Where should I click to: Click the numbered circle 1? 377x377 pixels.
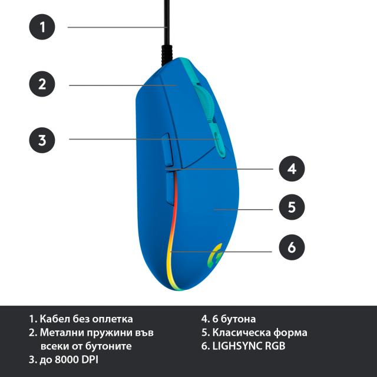click(42, 27)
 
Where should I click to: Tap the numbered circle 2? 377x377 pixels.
click(42, 84)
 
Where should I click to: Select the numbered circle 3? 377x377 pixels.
click(42, 140)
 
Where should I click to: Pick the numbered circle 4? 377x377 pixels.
click(292, 168)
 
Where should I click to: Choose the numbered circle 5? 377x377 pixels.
click(292, 207)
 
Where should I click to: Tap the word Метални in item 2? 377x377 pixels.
click(62, 333)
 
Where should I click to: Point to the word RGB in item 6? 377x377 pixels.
click(275, 346)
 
